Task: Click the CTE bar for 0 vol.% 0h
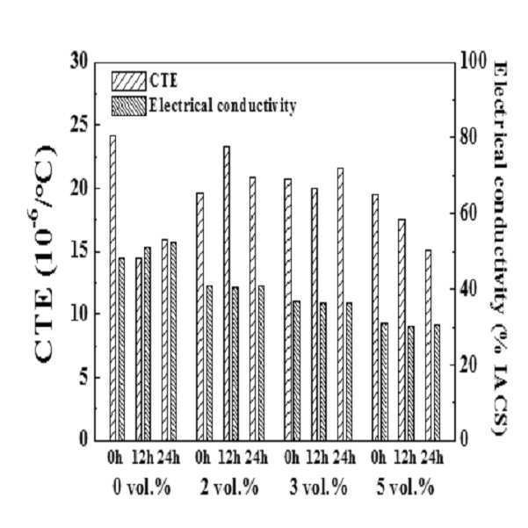pos(112,288)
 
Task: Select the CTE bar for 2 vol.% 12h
pos(227,293)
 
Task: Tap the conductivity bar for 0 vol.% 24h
pos(173,341)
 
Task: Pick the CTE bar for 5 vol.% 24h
pos(428,345)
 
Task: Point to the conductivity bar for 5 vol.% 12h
pos(411,383)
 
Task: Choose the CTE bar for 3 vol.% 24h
pos(341,304)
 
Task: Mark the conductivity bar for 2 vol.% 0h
pos(209,363)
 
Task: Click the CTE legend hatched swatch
pos(129,81)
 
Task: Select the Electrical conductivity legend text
pos(222,105)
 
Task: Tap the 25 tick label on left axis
pos(78,126)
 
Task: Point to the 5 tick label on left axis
pos(83,378)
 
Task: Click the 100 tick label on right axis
pos(473,61)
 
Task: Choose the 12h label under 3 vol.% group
pos(317,458)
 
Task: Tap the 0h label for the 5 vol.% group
pos(379,458)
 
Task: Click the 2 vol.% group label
pos(229,488)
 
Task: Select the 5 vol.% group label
pos(405,488)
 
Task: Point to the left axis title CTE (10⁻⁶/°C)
pos(44,254)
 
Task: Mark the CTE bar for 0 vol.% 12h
pos(139,349)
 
